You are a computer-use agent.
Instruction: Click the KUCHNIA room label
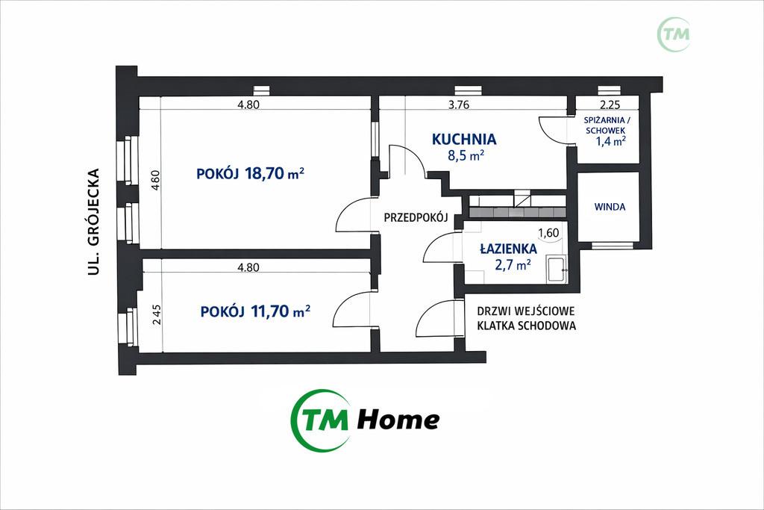(464, 140)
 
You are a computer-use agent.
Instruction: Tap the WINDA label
(610, 207)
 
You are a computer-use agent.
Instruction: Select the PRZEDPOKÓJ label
(416, 217)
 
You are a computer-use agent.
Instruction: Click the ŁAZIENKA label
(508, 249)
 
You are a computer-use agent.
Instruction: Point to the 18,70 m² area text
(275, 173)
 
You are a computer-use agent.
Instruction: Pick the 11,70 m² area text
(281, 311)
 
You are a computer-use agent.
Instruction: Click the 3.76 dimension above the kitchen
(459, 105)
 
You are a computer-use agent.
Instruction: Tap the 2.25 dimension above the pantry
(609, 105)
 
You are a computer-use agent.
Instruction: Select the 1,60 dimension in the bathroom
(548, 233)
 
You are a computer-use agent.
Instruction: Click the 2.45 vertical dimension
(156, 315)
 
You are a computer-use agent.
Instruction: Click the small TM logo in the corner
(674, 34)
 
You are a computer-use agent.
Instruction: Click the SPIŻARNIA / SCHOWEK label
(605, 125)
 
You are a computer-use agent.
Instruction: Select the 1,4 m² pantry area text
(610, 141)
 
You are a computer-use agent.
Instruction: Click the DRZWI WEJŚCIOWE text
(526, 311)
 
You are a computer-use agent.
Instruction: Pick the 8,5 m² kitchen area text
(466, 155)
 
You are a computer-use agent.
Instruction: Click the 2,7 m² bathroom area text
(513, 265)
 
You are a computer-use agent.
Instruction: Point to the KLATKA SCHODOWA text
(526, 326)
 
